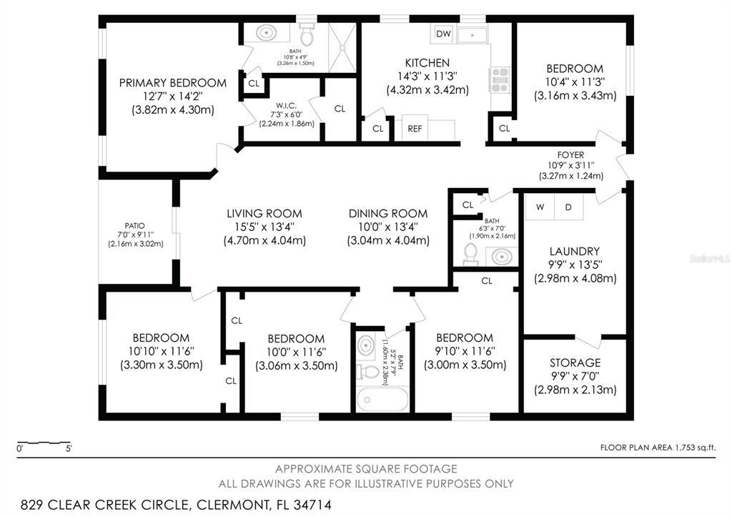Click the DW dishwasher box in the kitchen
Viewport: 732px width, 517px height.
[x=443, y=34]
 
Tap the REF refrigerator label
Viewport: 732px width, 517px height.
[x=415, y=129]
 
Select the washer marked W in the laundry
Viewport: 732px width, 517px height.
[x=540, y=207]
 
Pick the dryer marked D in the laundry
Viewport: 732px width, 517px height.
[x=568, y=207]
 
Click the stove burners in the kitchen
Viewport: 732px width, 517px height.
[x=500, y=80]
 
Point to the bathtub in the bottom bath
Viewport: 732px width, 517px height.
[x=382, y=400]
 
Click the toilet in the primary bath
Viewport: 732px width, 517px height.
[x=306, y=34]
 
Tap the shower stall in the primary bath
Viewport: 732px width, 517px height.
[x=342, y=47]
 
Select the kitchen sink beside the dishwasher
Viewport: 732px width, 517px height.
[x=472, y=35]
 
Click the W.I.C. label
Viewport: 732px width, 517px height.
[x=286, y=106]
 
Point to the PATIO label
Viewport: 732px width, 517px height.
[x=134, y=225]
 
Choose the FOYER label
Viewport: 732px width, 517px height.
[x=570, y=154]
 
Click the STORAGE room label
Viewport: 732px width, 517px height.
[x=575, y=363]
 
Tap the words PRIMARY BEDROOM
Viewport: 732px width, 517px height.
[x=173, y=83]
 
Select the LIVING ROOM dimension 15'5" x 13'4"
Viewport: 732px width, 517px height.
[x=264, y=227]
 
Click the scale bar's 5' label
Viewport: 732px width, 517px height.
[x=69, y=449]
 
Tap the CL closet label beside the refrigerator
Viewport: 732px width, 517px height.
[x=377, y=129]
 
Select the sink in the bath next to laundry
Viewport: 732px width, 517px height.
[x=501, y=257]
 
